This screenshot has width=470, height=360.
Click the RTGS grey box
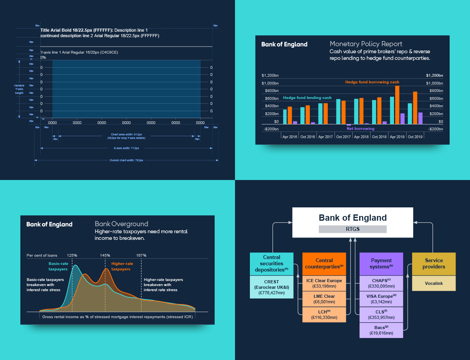352,229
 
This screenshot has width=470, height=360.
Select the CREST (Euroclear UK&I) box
271,287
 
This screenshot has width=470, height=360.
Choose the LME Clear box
324,299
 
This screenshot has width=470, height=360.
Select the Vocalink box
434,283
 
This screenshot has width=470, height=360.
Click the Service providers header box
434,263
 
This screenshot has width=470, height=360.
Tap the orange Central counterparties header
324,263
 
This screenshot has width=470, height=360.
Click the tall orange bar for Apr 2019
397,105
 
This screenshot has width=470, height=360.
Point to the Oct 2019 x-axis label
415,137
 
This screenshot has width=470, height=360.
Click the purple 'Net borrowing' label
360,129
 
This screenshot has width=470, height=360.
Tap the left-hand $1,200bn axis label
270,75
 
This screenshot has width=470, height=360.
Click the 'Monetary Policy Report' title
366,44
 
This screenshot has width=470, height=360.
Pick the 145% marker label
105,256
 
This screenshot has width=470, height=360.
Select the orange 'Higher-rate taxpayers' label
122,266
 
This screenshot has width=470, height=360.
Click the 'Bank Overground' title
121,224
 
